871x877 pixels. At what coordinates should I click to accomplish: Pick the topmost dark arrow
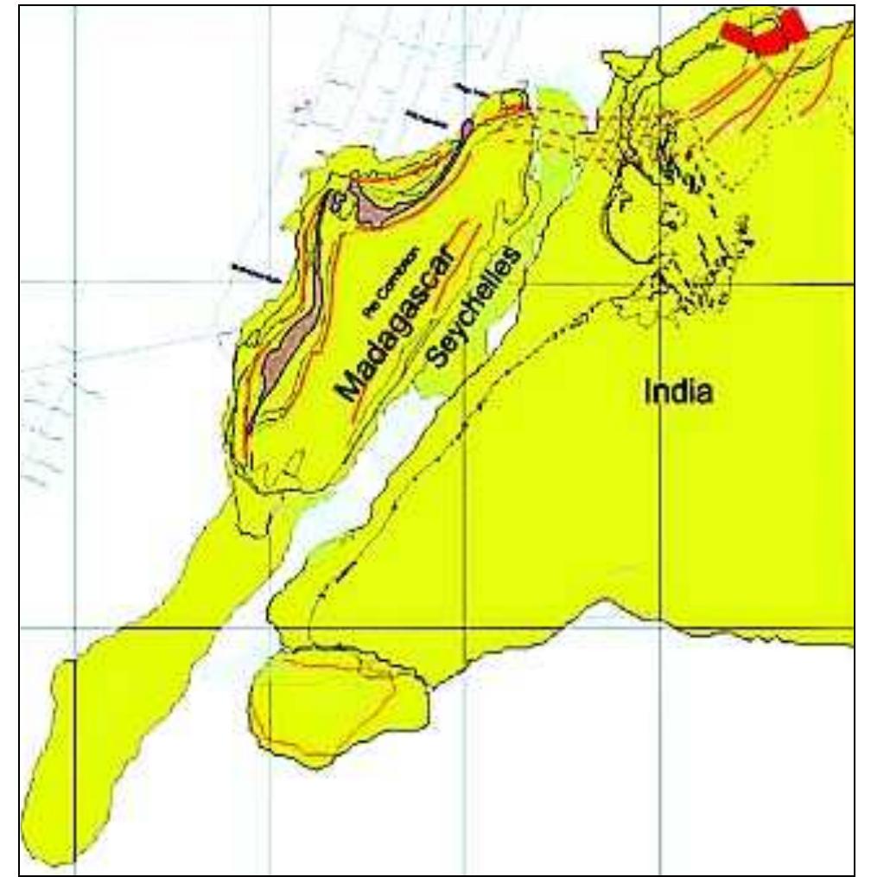(x=471, y=90)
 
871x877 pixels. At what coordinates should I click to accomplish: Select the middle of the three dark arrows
(x=425, y=120)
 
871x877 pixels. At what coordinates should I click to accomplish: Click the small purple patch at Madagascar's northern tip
(x=467, y=130)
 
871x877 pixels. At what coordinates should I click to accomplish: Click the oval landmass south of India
(x=337, y=703)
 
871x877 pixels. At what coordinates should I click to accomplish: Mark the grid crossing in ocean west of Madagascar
(x=76, y=283)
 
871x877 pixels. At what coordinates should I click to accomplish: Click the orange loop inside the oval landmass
(x=328, y=704)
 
